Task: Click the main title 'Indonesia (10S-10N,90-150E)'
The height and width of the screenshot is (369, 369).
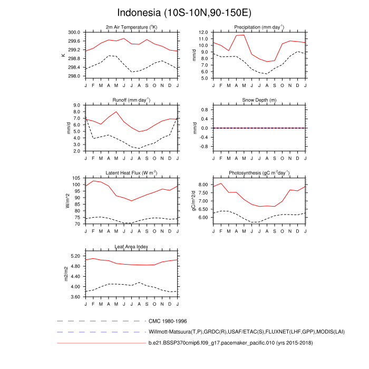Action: coord(184,13)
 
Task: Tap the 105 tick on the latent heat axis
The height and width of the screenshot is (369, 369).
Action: coord(76,178)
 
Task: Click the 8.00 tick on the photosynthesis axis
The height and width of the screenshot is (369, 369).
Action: coord(204,184)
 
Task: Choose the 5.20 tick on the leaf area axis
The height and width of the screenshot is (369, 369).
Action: coord(74,256)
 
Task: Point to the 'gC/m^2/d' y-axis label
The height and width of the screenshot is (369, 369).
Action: coord(193,201)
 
